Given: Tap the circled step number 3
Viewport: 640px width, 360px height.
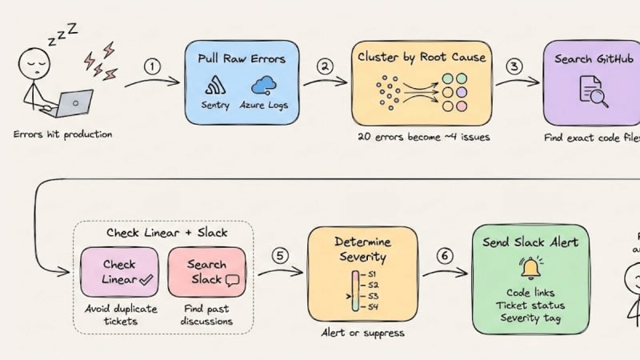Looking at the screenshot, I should [x=514, y=66].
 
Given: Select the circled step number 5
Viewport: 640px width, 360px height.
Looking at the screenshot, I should [x=279, y=256].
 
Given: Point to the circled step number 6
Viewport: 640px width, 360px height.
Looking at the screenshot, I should [x=445, y=256].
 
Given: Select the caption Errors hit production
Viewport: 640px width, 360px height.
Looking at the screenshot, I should [x=63, y=134].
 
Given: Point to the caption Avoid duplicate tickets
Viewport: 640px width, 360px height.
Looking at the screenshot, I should [x=120, y=315].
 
